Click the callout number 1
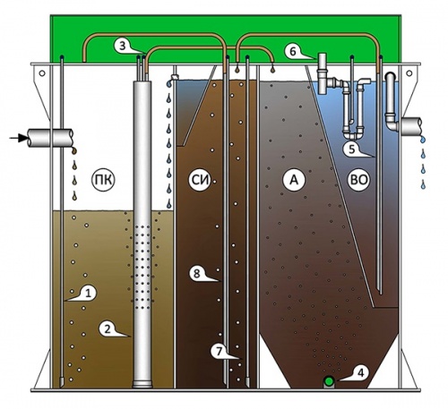tap(88, 294)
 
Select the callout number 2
tap(107, 328)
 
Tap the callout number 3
tap(123, 46)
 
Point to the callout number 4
tap(361, 373)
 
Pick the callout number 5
tap(351, 149)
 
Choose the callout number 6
tap(293, 51)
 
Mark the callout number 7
tap(219, 351)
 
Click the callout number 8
tap(196, 273)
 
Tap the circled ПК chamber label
tap(103, 180)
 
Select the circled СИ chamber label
tap(200, 180)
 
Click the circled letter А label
tap(294, 180)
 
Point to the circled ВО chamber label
tap(359, 180)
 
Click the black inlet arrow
tap(17, 138)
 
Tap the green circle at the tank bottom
tap(329, 381)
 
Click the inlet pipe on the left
tap(50, 138)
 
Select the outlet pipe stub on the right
tap(411, 125)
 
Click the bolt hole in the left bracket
tap(42, 73)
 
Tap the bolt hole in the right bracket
tap(409, 73)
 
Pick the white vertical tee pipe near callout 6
tap(323, 73)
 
